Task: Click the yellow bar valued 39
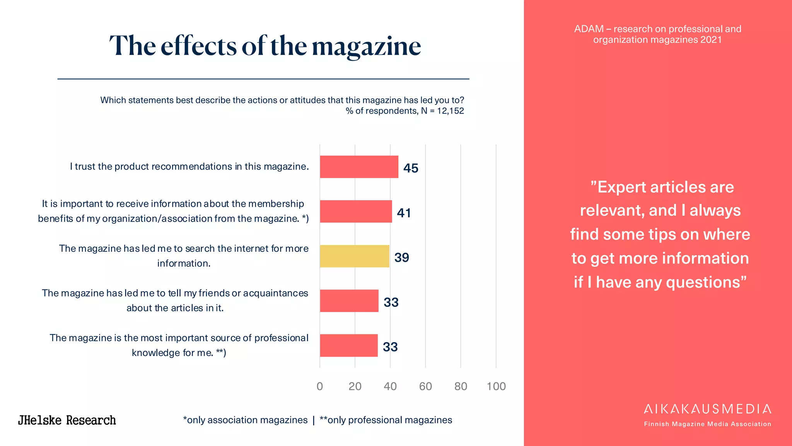coord(354,256)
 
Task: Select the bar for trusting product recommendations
coord(359,167)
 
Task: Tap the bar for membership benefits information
coord(356,211)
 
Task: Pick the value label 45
coord(410,168)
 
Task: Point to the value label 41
coord(404,213)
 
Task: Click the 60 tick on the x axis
coord(425,386)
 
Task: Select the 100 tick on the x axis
coord(496,386)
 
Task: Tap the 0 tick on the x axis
coord(320,386)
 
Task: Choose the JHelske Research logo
coord(67,420)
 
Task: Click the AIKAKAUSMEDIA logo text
coord(707,409)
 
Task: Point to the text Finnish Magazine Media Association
coord(707,424)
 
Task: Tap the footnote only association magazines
coord(246,420)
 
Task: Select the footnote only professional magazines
coord(386,420)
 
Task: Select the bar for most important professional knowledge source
coord(348,345)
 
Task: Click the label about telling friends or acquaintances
coord(175,300)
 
